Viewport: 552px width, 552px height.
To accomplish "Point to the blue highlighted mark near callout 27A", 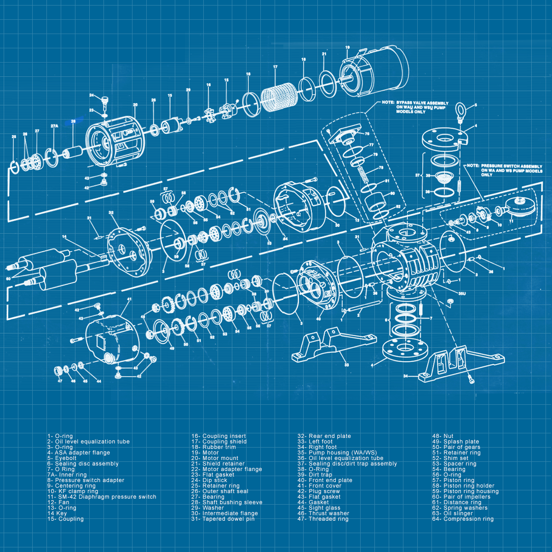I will point(73,121).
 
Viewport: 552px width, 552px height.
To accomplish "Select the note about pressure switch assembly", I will point(511,170).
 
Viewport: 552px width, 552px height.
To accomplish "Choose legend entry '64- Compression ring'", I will point(462,519).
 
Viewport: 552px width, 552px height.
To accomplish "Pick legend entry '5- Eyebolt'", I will point(62,458).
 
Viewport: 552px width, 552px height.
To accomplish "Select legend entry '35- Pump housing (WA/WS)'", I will point(337,453).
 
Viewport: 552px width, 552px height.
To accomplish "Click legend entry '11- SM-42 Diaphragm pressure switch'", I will point(102,497).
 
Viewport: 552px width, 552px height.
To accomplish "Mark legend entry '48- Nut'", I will point(443,436).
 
